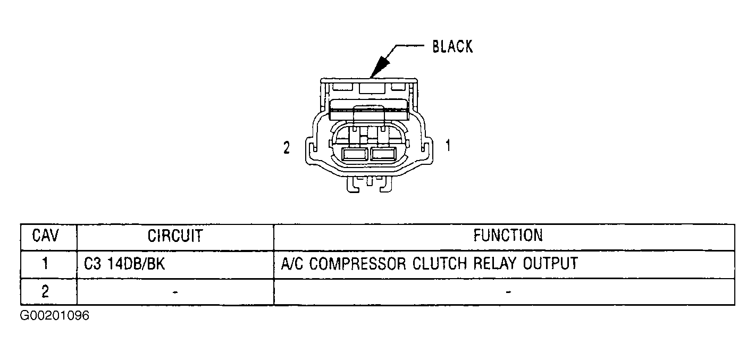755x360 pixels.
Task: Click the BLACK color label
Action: (452, 46)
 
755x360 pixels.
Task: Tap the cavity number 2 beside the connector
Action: (287, 148)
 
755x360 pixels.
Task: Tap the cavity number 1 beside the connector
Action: (448, 146)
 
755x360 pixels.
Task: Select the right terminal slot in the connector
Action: (383, 154)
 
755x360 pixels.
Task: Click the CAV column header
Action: (46, 235)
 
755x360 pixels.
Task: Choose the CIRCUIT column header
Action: (175, 236)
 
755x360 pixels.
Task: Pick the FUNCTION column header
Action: (508, 235)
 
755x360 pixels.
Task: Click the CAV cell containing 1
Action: (45, 264)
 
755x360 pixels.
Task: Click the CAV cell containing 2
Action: (45, 291)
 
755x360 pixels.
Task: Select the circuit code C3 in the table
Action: (93, 264)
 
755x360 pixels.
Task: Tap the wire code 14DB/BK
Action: (136, 264)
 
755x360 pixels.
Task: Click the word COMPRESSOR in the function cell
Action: (358, 264)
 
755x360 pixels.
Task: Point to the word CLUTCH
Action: (440, 263)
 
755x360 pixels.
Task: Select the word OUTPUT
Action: (550, 263)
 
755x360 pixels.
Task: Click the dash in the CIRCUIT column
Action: (175, 292)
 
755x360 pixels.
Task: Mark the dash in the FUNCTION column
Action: (508, 292)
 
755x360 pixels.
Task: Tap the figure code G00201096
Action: (55, 316)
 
